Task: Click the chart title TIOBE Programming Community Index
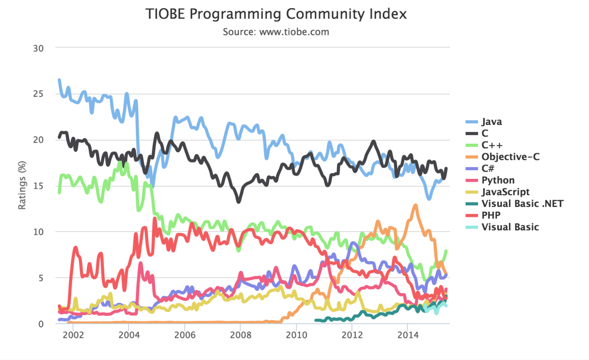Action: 276,14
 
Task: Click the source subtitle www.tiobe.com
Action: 276,32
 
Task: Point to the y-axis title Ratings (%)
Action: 22,185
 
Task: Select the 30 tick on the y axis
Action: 39,48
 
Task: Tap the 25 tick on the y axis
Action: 39,94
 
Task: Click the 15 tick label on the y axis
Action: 39,186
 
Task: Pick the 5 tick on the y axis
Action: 41,278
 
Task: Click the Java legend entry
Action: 492,122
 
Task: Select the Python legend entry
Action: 498,180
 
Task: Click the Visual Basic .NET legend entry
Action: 522,203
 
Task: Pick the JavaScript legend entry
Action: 505,192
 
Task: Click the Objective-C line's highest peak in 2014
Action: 415,206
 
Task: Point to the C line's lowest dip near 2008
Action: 238,201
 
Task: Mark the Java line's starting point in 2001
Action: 59,80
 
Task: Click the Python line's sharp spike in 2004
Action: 141,263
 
